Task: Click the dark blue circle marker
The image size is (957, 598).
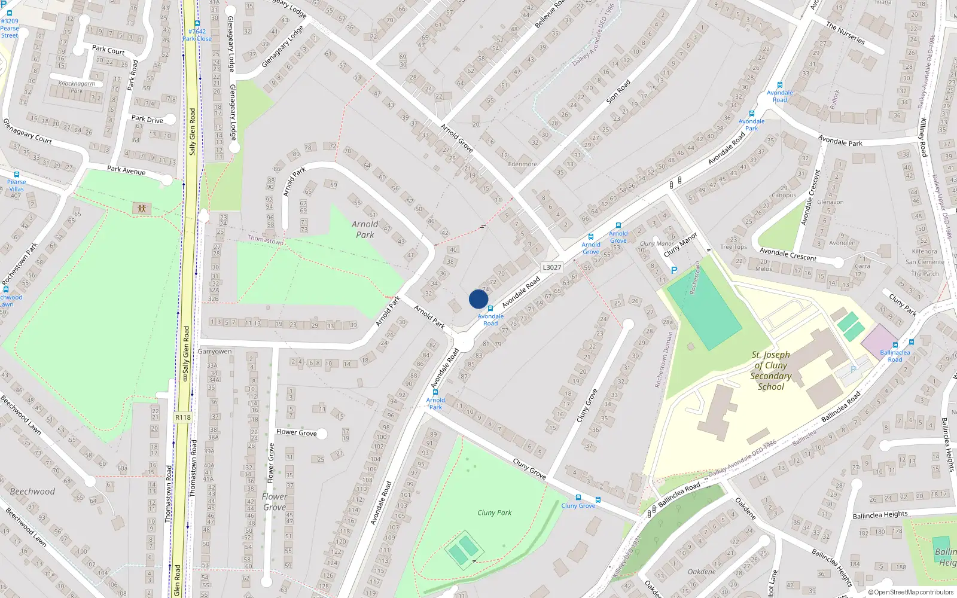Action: (x=478, y=299)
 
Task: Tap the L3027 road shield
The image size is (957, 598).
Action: (x=551, y=267)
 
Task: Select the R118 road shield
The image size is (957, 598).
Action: (x=183, y=417)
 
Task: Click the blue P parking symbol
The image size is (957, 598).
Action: (x=674, y=270)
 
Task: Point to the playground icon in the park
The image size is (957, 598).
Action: (x=142, y=208)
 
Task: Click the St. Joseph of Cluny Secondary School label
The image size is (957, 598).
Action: (x=771, y=371)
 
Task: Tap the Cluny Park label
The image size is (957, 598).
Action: (x=494, y=512)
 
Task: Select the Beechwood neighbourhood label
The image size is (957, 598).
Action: (x=32, y=492)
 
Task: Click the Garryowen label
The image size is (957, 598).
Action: (x=215, y=351)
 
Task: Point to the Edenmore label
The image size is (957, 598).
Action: (x=522, y=164)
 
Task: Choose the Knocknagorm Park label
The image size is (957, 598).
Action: (x=77, y=87)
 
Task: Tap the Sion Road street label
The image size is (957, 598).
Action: (x=618, y=91)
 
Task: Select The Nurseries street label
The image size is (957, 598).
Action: (x=845, y=33)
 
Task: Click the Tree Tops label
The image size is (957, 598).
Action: (x=733, y=247)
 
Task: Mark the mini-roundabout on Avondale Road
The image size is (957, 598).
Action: (x=464, y=343)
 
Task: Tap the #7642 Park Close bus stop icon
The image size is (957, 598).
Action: (x=197, y=24)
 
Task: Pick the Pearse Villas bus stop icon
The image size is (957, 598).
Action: (x=17, y=175)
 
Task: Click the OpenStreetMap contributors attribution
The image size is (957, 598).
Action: (x=911, y=592)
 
